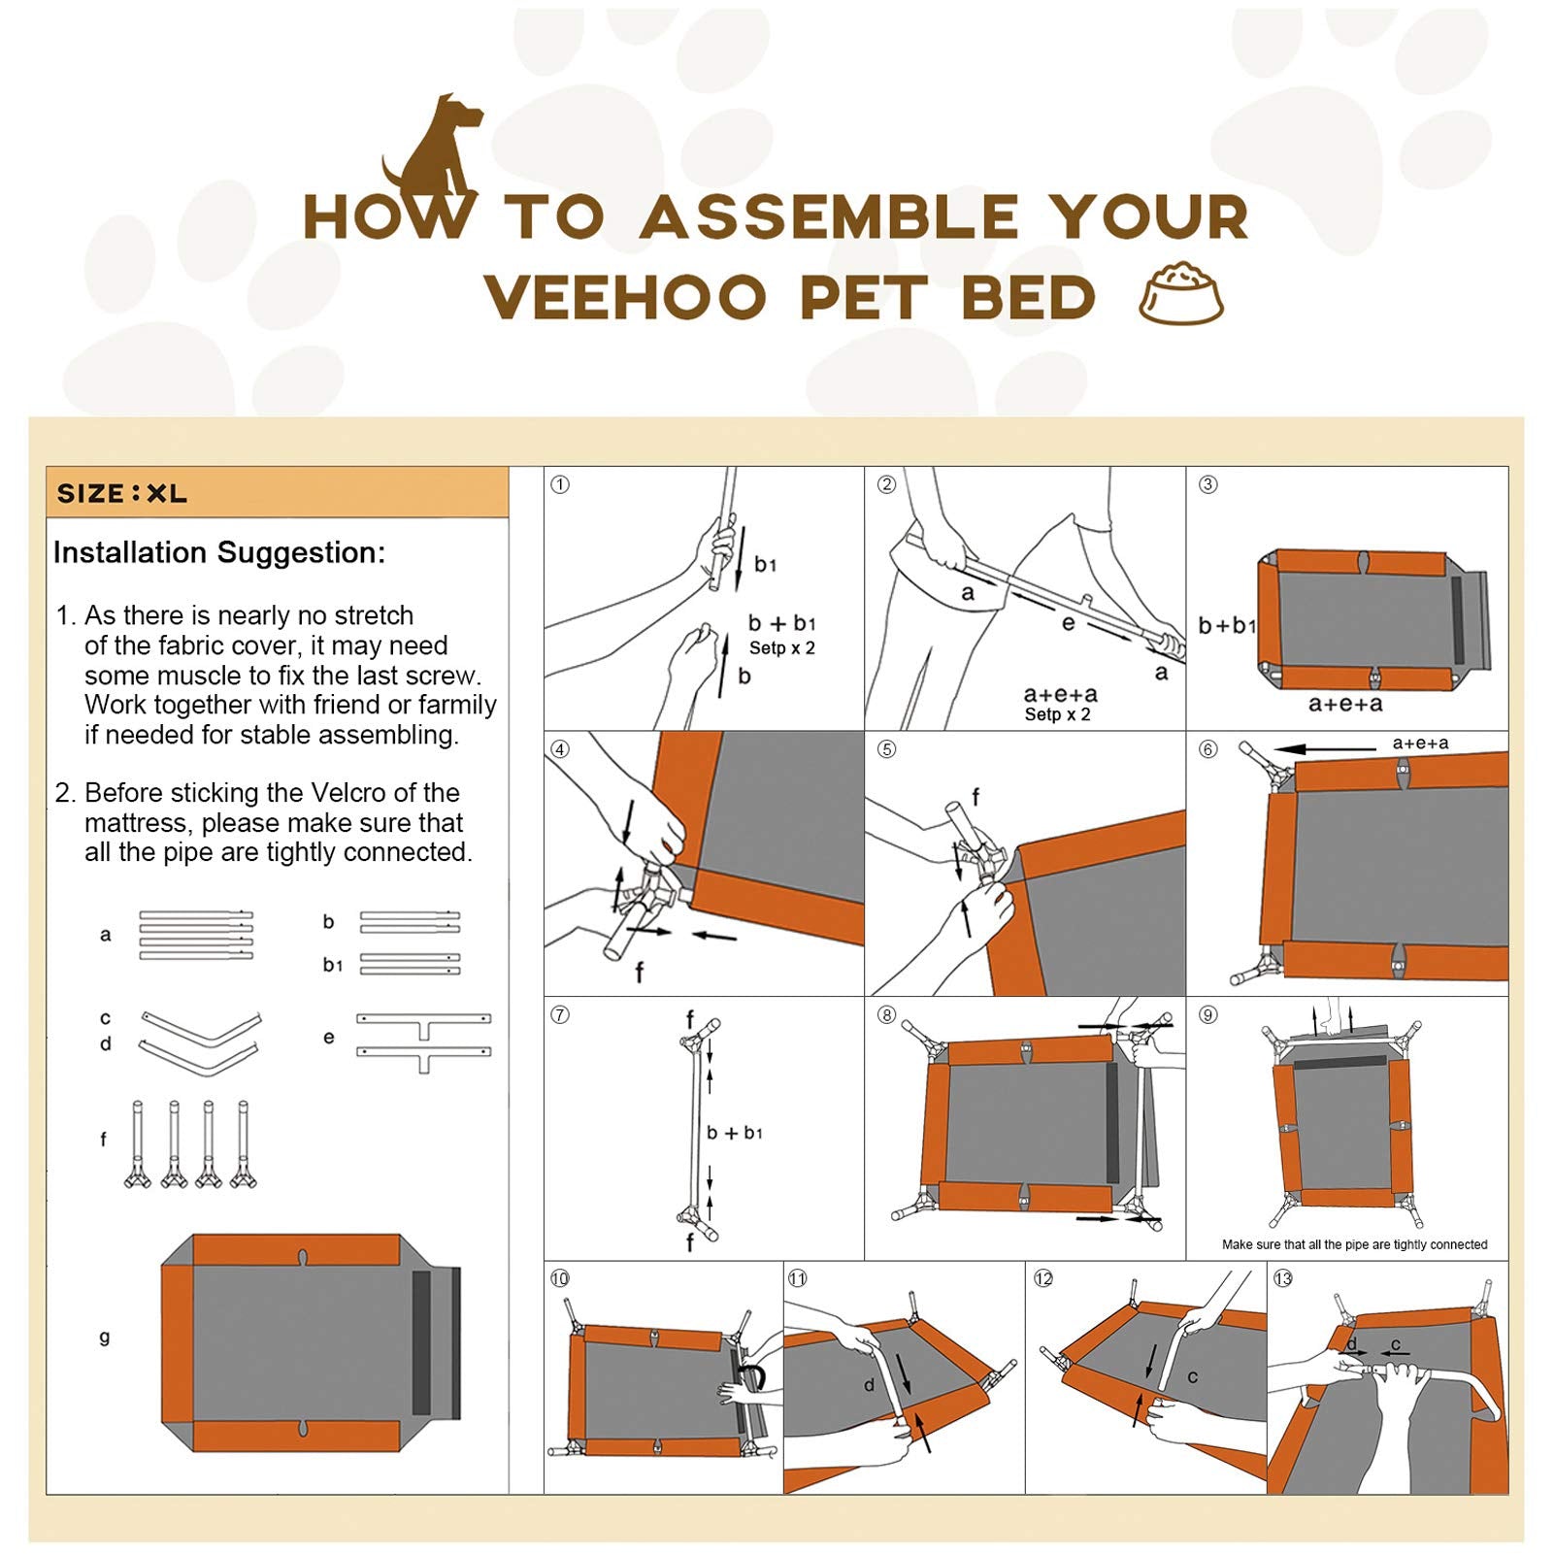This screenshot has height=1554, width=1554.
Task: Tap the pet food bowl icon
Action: click(x=1180, y=293)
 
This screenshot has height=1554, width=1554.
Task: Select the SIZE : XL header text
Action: click(x=122, y=493)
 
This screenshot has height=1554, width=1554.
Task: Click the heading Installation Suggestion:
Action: click(x=219, y=552)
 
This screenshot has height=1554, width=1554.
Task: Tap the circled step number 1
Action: click(x=560, y=484)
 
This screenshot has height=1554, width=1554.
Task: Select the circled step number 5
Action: click(x=886, y=749)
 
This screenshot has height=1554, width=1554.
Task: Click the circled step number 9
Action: click(x=1207, y=1014)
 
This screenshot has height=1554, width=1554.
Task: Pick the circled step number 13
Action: click(x=1283, y=1278)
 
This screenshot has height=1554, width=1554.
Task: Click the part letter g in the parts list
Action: click(x=105, y=1338)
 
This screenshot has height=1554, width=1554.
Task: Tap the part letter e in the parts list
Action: click(x=329, y=1037)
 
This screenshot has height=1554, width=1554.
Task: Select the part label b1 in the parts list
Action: click(x=333, y=965)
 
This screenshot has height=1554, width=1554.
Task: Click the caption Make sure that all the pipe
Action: click(x=1354, y=1244)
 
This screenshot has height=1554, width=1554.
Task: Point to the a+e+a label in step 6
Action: click(x=1420, y=744)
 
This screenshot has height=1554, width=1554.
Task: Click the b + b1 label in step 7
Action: click(x=735, y=1133)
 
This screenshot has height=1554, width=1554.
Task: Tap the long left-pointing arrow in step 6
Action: click(x=1325, y=749)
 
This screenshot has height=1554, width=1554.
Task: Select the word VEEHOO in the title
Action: click(x=626, y=298)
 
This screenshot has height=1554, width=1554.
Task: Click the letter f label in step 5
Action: click(x=975, y=797)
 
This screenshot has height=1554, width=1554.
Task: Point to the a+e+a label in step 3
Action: click(x=1345, y=704)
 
